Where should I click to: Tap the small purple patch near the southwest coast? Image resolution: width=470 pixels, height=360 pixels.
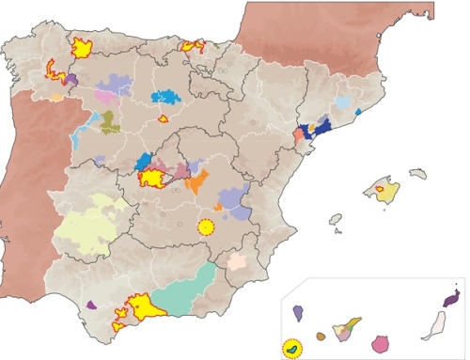pos(91,305)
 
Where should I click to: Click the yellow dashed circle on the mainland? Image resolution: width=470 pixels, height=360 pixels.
pos(206,227)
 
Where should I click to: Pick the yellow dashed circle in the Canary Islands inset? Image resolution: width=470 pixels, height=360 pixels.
pos(294,348)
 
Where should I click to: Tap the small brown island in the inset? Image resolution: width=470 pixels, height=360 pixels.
pos(321,336)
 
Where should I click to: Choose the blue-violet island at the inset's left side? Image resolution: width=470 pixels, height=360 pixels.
pos(298,313)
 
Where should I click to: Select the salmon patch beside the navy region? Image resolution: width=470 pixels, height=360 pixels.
pos(299,137)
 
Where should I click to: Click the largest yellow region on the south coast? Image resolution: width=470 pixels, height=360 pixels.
pos(146,306)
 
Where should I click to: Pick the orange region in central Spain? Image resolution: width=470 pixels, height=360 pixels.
pos(196,182)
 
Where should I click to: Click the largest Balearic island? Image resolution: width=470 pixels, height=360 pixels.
pos(381,190)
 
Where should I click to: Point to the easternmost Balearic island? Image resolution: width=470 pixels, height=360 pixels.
pos(415,173)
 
